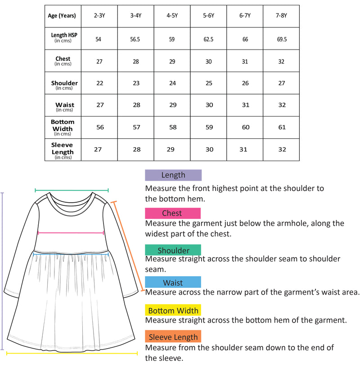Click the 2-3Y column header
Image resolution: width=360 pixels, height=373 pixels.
99,16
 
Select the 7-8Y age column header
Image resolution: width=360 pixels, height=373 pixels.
281,16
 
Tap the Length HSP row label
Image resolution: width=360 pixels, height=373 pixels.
63,38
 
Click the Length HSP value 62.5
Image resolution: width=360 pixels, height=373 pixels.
208,39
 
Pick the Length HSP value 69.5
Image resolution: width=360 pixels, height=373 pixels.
282,39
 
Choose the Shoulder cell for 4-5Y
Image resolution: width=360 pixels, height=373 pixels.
172,83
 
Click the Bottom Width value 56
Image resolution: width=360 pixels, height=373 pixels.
100,127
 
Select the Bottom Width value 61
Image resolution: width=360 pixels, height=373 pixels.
282,127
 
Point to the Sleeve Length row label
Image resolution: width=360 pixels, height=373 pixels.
63,150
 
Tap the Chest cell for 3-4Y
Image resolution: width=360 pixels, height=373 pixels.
136,61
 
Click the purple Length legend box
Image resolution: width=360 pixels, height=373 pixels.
173,175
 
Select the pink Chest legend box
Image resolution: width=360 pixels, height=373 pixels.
173,213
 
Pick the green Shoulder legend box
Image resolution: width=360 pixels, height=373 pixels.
173,250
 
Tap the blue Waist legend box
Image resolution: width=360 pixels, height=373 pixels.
173,282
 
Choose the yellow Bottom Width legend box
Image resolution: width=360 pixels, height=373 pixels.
173,310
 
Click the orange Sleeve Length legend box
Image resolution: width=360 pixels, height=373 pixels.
173,337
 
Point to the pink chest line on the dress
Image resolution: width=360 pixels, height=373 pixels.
71,233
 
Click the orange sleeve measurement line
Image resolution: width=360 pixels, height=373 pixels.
128,246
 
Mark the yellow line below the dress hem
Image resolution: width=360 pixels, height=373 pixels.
72,354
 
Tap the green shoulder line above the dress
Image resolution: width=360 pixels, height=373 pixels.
72,191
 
